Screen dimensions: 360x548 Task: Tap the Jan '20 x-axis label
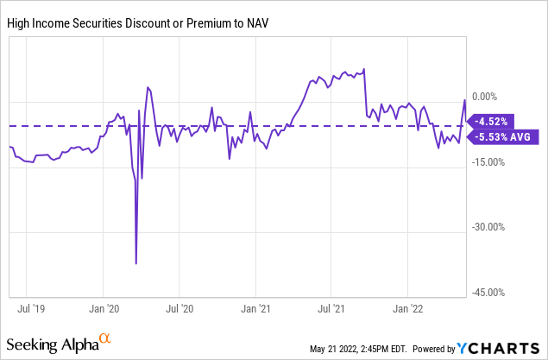coord(103,306)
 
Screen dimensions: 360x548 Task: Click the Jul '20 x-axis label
coord(178,306)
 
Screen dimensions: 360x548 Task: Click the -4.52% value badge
coord(494,121)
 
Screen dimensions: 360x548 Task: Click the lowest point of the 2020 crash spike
coord(136,263)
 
